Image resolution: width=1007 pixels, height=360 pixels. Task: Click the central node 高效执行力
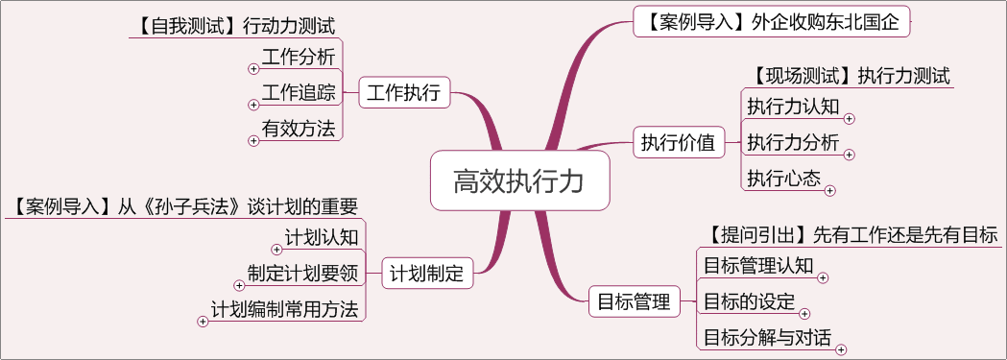519,180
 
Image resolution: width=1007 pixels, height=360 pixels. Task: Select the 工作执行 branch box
403,93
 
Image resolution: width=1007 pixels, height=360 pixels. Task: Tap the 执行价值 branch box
678,143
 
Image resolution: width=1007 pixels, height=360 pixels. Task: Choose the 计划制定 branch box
427,274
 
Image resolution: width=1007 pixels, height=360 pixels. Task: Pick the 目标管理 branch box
634,300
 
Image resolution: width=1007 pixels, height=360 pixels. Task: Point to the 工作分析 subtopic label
299,57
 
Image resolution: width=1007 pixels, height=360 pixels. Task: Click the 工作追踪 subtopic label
299,93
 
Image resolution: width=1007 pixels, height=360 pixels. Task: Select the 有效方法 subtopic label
299,129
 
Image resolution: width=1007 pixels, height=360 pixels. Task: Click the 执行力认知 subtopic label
793,108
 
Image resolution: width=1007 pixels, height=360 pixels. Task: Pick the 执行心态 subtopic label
783,178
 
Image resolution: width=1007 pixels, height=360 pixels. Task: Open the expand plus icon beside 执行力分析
849,154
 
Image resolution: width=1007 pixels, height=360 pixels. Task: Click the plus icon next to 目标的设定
804,313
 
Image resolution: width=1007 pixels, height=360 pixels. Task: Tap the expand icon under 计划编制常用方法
203,322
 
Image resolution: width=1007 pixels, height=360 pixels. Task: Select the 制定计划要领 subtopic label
302,273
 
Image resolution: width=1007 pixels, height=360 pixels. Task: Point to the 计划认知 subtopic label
322,237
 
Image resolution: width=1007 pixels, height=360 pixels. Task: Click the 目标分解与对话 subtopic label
767,337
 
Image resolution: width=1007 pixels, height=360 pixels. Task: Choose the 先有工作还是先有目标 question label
851,234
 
